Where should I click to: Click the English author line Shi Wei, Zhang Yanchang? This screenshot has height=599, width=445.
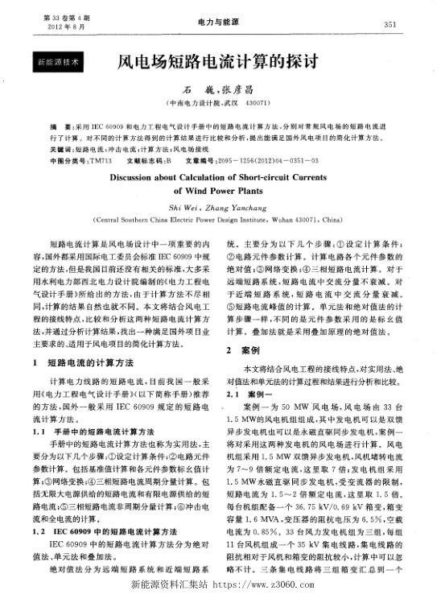(221, 206)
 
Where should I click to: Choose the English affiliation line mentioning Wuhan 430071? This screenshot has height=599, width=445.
(220, 218)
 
